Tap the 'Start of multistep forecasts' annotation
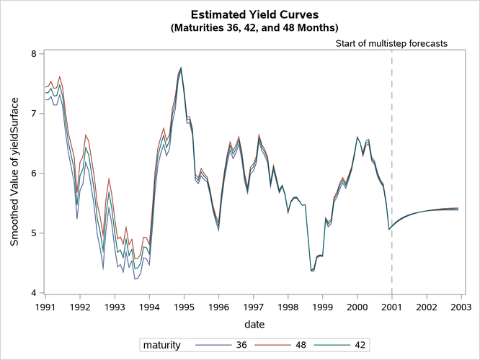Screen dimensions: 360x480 click(392, 43)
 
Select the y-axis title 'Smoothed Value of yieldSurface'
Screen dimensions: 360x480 click(14, 173)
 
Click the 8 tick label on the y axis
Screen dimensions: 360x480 click(34, 54)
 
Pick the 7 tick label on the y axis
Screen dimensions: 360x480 click(34, 114)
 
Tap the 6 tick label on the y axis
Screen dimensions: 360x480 click(34, 174)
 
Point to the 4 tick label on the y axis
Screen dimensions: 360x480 click(34, 293)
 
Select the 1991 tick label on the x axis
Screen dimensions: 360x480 click(45, 307)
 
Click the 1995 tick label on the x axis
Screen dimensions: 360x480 click(184, 307)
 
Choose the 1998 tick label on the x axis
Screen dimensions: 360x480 click(288, 307)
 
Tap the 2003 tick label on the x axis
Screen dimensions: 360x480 click(461, 307)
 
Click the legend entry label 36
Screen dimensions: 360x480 click(253, 345)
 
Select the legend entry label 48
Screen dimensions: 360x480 click(308, 345)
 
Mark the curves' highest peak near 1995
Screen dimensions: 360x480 click(181, 68)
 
